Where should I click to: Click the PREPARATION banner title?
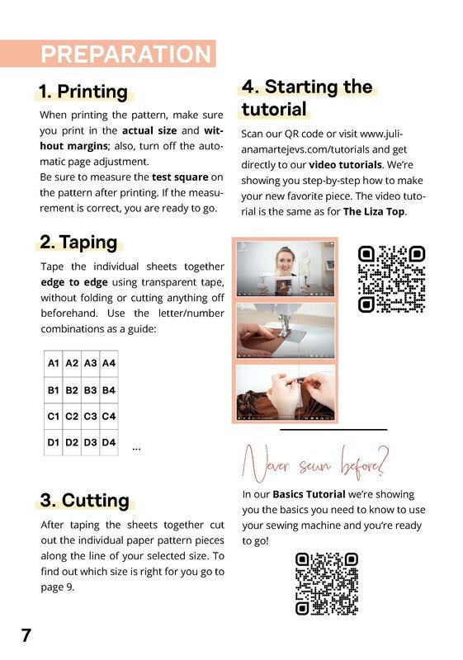pyautogui.click(x=125, y=54)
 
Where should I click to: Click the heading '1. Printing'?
pyautogui.click(x=83, y=92)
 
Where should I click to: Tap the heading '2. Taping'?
pyautogui.click(x=78, y=242)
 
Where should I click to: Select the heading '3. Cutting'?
pyautogui.click(x=85, y=501)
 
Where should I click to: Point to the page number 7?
pyautogui.click(x=26, y=635)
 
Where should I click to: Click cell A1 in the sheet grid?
pyautogui.click(x=54, y=363)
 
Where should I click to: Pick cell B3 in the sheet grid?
pyautogui.click(x=91, y=390)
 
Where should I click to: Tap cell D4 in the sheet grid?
pyautogui.click(x=109, y=442)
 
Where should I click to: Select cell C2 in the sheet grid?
pyautogui.click(x=72, y=417)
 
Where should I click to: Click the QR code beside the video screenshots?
pyautogui.click(x=391, y=279)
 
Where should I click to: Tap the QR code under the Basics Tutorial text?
pyautogui.click(x=327, y=584)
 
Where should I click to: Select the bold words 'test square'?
pyautogui.click(x=180, y=177)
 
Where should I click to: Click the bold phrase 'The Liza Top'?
pyautogui.click(x=374, y=211)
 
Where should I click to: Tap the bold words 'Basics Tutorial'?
pyautogui.click(x=309, y=494)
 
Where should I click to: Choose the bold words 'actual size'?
pyautogui.click(x=149, y=130)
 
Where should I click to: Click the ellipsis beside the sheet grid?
pyautogui.click(x=136, y=449)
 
